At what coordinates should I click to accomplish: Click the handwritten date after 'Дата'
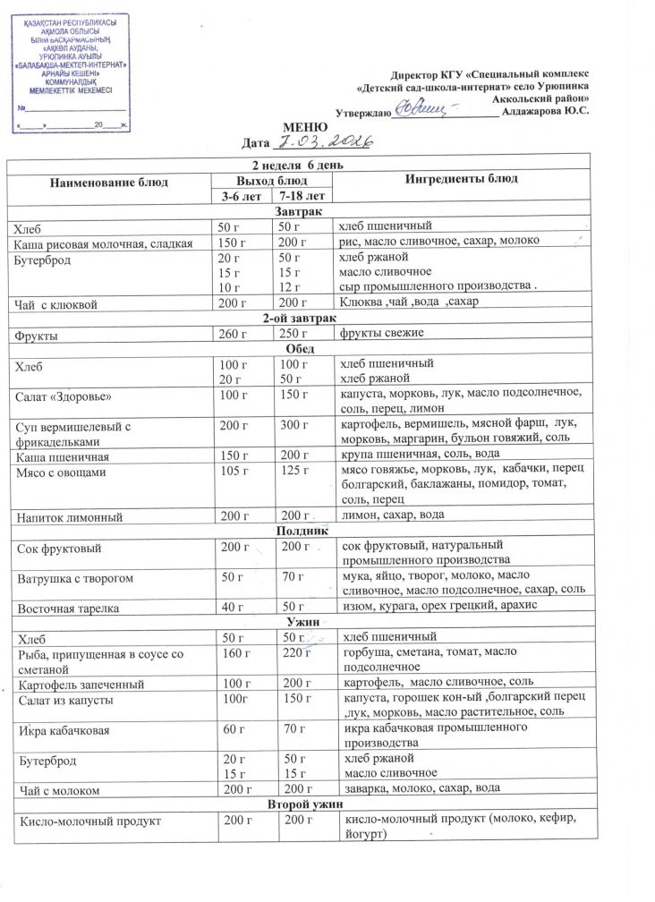315,142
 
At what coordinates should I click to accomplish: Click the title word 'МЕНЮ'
302,127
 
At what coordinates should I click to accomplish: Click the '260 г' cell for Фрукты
234,334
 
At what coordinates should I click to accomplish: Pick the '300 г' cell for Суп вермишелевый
294,424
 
